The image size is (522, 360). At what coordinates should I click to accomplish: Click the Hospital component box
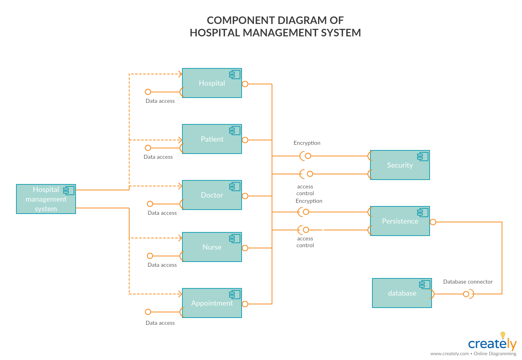212,83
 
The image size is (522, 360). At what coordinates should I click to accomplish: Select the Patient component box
212,139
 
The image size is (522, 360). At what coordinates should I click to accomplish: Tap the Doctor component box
212,195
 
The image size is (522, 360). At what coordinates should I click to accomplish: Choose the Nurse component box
212,247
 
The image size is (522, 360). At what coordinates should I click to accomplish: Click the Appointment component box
212,303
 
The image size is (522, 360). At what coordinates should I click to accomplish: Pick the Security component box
400,165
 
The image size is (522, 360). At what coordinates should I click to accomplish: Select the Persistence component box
400,221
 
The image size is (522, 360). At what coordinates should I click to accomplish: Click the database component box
402,293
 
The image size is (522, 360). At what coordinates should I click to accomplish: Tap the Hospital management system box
46,199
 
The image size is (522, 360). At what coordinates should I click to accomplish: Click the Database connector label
468,282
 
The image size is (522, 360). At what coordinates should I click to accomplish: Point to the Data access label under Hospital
160,101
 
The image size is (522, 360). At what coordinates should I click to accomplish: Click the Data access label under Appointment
160,323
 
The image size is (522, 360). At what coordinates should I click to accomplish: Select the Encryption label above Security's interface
307,143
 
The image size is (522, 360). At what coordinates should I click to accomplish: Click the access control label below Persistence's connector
305,242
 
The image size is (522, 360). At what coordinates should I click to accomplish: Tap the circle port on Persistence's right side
433,222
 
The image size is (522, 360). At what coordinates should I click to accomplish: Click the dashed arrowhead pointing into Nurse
180,238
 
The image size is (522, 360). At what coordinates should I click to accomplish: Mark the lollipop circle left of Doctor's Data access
150,204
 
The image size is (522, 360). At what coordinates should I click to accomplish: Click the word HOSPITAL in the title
215,32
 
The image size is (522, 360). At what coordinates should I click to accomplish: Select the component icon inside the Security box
422,156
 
